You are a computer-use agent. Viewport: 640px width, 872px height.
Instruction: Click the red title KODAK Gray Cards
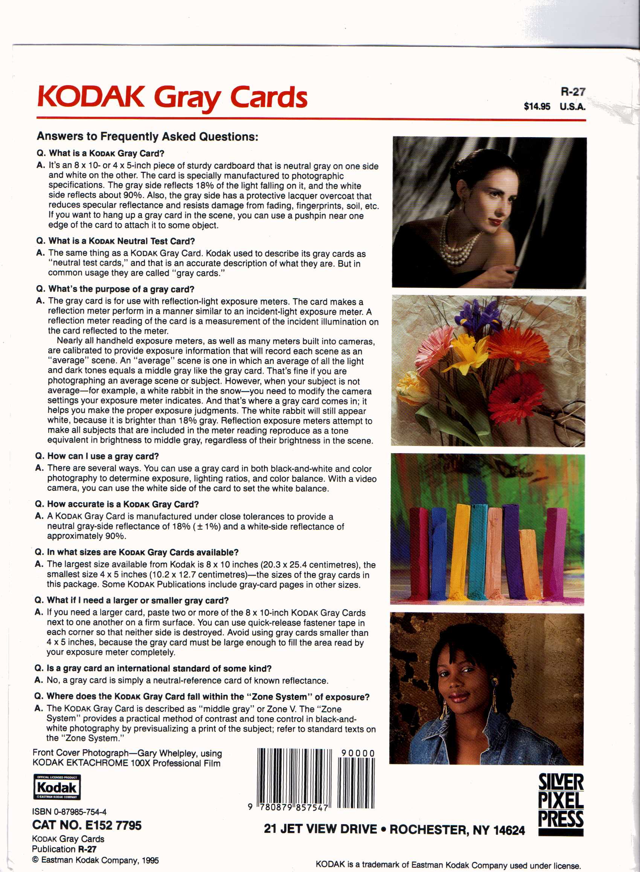pos(172,97)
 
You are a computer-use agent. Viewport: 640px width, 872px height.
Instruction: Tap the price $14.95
pos(536,107)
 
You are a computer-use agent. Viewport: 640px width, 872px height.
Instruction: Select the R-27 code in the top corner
pos(573,92)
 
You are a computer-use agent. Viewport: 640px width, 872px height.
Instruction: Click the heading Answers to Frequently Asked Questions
pos(147,136)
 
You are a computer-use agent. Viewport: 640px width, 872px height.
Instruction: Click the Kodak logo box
pos(57,787)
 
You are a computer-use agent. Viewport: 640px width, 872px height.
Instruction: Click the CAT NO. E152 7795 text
pos(87,825)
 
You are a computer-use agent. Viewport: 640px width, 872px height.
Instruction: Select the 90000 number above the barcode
pos(358,753)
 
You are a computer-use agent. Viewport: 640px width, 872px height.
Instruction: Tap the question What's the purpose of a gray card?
pos(121,289)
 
